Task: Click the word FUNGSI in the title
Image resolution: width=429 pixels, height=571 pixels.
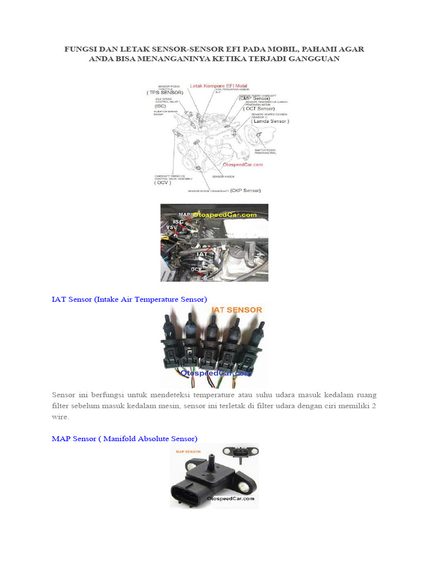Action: (x=82, y=49)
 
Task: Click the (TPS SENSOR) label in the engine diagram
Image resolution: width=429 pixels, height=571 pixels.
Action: (x=165, y=92)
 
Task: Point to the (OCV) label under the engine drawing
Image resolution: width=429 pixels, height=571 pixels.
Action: (x=163, y=182)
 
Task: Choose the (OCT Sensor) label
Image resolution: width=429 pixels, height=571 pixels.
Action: (x=260, y=109)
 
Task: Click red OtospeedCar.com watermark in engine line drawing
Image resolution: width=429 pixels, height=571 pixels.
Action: (x=243, y=164)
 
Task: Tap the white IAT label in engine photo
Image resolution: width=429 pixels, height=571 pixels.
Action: (x=202, y=254)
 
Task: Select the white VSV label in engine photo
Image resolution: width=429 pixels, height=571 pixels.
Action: (x=171, y=228)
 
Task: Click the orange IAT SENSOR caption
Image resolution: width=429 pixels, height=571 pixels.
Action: (x=236, y=309)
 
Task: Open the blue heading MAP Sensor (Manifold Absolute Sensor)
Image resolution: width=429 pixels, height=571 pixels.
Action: (x=125, y=439)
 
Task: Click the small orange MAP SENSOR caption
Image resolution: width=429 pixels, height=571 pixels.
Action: (x=188, y=452)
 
